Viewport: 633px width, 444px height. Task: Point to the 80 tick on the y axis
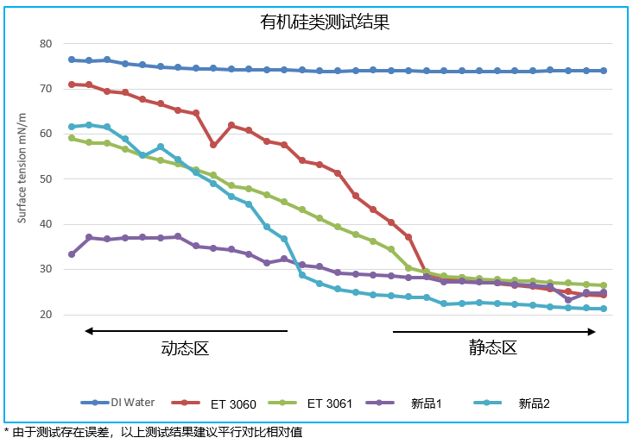pos(47,44)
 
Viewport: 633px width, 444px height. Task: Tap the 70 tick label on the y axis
pos(47,89)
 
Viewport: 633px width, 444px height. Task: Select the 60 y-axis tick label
pos(47,134)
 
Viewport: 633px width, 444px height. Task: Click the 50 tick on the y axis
pos(47,179)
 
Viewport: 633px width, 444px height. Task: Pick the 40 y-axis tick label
pos(47,224)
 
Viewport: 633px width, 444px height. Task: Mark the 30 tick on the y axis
pos(47,270)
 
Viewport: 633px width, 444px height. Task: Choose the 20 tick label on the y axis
pos(47,315)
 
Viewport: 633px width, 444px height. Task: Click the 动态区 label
pos(186,348)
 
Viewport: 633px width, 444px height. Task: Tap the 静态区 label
pos(493,348)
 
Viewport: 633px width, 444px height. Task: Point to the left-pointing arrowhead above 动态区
pos(87,331)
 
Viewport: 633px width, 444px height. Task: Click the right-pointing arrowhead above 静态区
pos(592,331)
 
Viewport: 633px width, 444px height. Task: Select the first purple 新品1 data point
pos(72,254)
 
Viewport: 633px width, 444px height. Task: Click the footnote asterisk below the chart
pos(7,430)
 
